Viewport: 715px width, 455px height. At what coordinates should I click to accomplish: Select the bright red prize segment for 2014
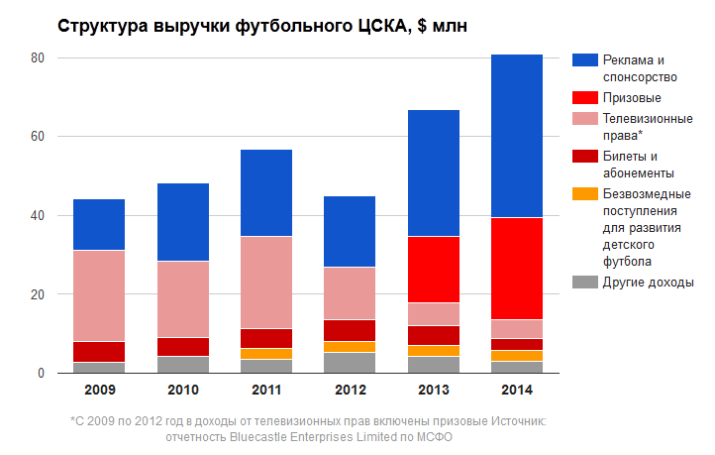click(516, 268)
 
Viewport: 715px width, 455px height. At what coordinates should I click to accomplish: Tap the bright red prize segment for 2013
click(432, 269)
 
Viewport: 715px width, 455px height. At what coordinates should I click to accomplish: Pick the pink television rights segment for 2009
click(99, 295)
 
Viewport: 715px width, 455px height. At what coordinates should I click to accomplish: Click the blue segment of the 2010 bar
click(182, 222)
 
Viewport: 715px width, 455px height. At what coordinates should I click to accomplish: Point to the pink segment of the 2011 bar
click(265, 282)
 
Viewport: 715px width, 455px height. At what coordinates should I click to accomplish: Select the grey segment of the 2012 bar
click(349, 362)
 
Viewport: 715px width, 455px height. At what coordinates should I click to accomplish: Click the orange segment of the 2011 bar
click(265, 353)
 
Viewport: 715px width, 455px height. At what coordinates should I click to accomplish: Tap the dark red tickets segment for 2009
click(99, 352)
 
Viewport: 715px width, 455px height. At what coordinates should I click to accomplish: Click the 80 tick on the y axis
click(38, 57)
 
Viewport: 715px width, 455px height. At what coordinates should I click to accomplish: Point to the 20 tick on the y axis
click(38, 294)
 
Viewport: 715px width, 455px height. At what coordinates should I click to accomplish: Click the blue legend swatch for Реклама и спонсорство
click(584, 60)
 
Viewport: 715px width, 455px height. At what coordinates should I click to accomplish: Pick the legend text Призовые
click(631, 98)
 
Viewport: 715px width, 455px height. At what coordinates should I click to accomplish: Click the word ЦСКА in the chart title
click(374, 26)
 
